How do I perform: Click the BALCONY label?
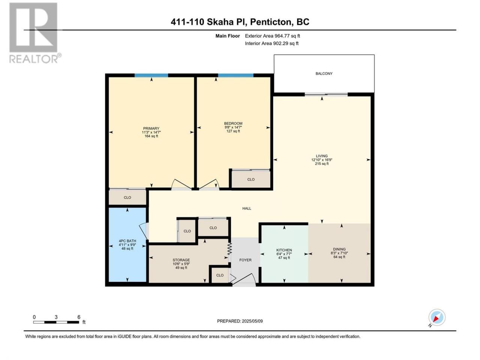coord(324,73)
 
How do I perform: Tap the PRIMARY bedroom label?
coord(151,129)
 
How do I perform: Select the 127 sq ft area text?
coord(233,131)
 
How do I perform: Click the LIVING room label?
coord(322,156)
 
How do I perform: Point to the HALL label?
coord(247,208)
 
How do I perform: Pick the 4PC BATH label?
coord(127,241)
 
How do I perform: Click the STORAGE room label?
coord(181,260)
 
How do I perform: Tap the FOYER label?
coord(245,260)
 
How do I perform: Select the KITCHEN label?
coord(284,250)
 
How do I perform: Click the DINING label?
coord(339,249)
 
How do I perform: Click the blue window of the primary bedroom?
coord(151,75)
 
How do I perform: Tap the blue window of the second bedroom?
coord(236,75)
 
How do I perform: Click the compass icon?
coord(437,317)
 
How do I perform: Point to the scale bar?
coord(56,322)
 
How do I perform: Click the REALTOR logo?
coord(35,33)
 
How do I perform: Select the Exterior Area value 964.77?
coord(282,36)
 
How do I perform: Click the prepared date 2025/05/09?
coord(252,321)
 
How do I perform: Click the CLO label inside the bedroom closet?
coord(251,180)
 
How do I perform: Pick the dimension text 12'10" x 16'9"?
coord(322,160)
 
